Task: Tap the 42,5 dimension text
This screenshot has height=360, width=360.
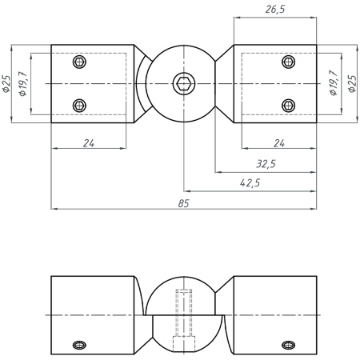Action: [250, 183]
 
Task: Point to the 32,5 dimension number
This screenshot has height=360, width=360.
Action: [266, 163]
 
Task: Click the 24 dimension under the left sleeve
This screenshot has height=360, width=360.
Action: [89, 143]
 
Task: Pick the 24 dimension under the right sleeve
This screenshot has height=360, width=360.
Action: [278, 143]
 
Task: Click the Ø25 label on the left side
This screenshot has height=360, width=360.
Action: [6, 83]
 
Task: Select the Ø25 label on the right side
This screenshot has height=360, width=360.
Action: [352, 83]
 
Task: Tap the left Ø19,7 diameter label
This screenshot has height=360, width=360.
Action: [23, 83]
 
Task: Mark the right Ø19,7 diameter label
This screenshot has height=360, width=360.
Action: [334, 83]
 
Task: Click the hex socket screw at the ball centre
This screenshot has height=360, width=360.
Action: [183, 83]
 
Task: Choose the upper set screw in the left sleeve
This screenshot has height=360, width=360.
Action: [78, 62]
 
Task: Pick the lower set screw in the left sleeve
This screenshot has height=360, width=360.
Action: [78, 104]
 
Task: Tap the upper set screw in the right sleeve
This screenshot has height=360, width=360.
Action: [289, 62]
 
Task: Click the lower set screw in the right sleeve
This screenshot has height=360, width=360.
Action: [289, 104]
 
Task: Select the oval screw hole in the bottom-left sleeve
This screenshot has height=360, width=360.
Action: [78, 345]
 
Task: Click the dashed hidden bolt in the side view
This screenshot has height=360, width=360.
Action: [183, 316]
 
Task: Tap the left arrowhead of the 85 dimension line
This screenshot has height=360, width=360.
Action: [54, 209]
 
